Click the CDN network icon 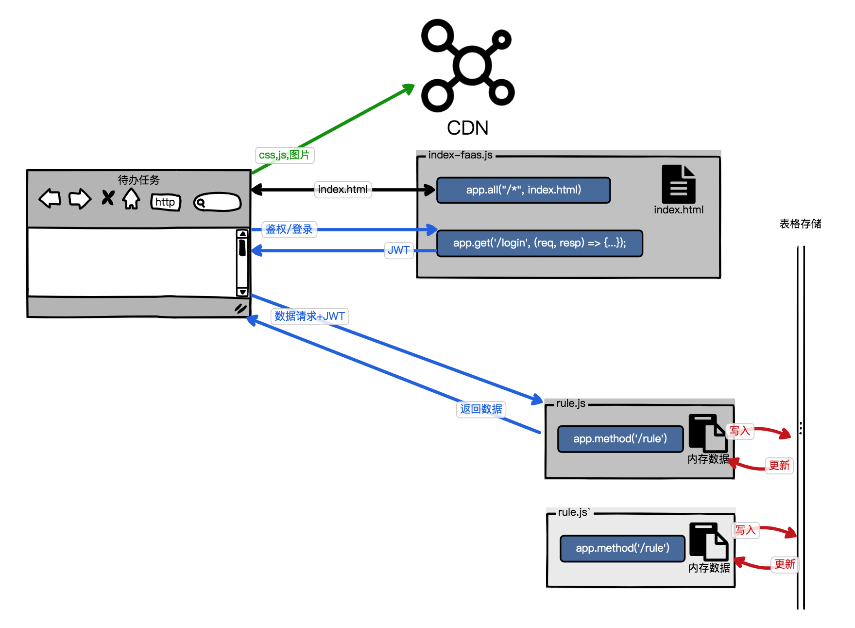(468, 66)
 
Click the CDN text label (467, 128)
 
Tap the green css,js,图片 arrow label (284, 155)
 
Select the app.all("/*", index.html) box (523, 190)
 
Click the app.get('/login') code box (539, 243)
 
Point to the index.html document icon (679, 184)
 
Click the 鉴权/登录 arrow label (289, 229)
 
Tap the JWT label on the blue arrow (398, 250)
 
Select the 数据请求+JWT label (309, 316)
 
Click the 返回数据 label (481, 409)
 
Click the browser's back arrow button (50, 198)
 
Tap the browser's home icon (131, 198)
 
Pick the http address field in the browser (165, 202)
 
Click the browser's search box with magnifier (217, 202)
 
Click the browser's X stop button (108, 198)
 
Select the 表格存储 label (800, 224)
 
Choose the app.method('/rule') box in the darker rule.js (620, 439)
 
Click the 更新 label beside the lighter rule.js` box (785, 564)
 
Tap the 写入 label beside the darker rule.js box (740, 431)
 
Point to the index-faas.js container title (460, 155)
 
